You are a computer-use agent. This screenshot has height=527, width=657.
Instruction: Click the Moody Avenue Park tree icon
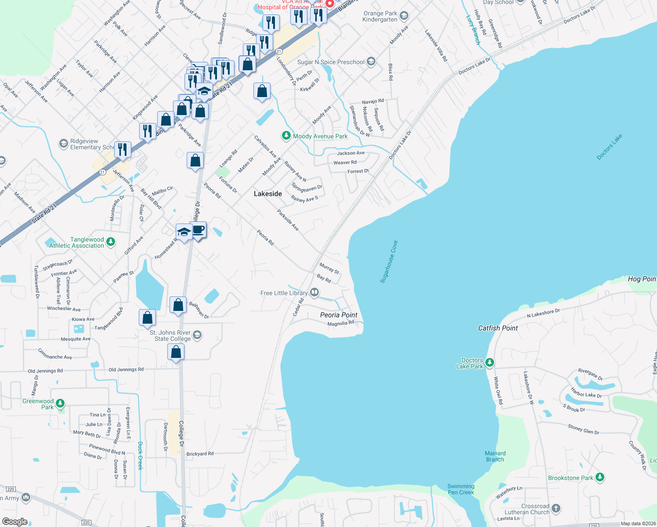pyautogui.click(x=286, y=136)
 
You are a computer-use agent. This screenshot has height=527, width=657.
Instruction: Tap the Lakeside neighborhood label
pyautogui.click(x=268, y=194)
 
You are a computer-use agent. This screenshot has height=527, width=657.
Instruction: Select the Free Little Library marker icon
pyautogui.click(x=314, y=292)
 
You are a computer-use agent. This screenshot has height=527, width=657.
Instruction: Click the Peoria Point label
pyautogui.click(x=339, y=315)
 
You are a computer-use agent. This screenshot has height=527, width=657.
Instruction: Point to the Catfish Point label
pyautogui.click(x=498, y=328)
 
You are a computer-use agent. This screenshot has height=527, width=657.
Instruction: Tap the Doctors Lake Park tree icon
pyautogui.click(x=490, y=363)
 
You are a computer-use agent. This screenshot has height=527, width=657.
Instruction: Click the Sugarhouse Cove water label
pyautogui.click(x=389, y=262)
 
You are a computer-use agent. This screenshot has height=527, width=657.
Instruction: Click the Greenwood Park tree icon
pyautogui.click(x=61, y=404)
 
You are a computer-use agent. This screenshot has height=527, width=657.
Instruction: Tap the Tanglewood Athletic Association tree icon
pyautogui.click(x=111, y=242)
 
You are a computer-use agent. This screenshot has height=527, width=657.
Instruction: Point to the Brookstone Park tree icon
pyautogui.click(x=600, y=477)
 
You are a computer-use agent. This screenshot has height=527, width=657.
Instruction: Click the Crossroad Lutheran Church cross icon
pyautogui.click(x=556, y=509)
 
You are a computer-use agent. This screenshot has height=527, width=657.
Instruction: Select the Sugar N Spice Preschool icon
pyautogui.click(x=371, y=61)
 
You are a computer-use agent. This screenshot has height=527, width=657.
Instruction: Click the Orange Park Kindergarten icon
pyautogui.click(x=404, y=16)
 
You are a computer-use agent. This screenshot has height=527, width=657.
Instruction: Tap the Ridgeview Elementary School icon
pyautogui.click(x=64, y=144)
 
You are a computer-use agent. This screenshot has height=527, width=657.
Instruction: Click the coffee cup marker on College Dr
pyautogui.click(x=199, y=230)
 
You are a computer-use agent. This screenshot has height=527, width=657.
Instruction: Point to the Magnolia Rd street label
pyautogui.click(x=341, y=324)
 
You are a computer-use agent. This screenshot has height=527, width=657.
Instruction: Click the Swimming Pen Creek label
pyautogui.click(x=461, y=489)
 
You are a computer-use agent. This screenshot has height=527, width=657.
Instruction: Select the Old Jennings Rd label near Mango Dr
pyautogui.click(x=45, y=371)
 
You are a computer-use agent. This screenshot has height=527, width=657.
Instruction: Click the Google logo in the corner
pyautogui.click(x=15, y=522)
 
